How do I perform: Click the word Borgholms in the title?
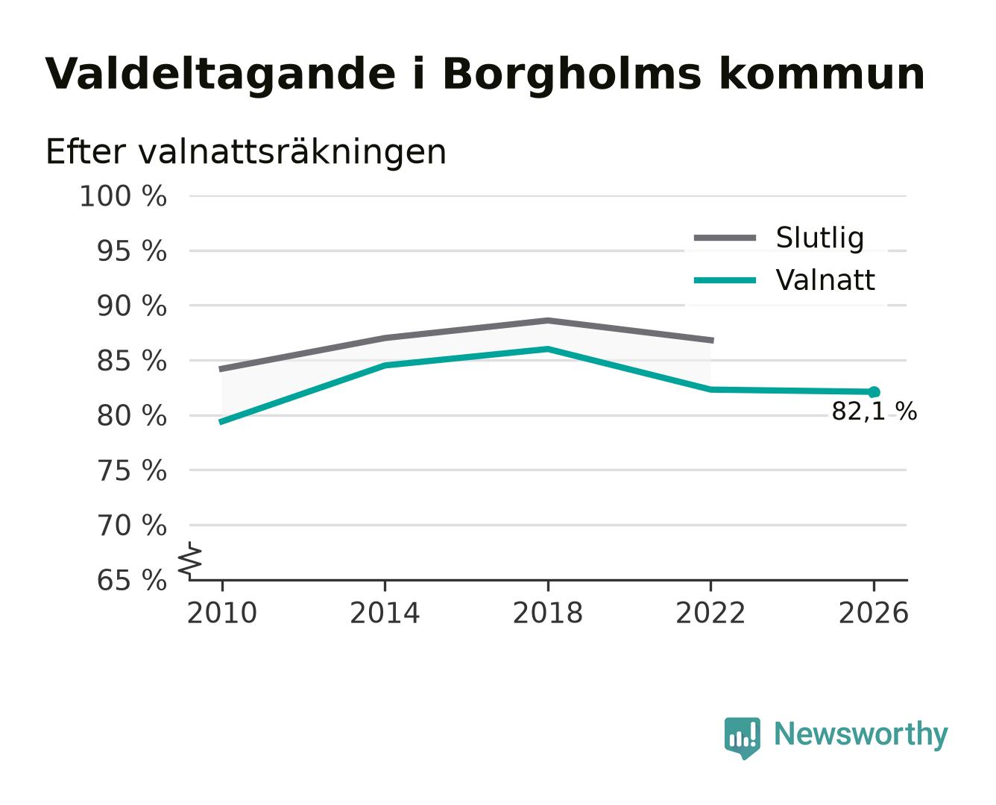tap(571, 75)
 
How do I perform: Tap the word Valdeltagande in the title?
tap(220, 75)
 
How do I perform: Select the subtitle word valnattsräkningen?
tap(291, 152)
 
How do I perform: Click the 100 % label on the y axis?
tap(123, 196)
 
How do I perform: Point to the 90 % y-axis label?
tap(131, 306)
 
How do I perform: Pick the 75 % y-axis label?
tap(131, 470)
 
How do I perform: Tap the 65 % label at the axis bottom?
tap(131, 580)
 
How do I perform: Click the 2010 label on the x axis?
tap(221, 613)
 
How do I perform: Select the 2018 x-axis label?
tap(547, 613)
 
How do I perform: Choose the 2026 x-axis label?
tap(873, 613)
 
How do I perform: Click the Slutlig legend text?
tap(819, 238)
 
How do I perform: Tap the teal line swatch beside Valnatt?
tap(725, 280)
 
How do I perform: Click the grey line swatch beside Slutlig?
tap(725, 238)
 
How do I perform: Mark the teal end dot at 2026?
tap(874, 392)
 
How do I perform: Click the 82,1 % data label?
tap(874, 412)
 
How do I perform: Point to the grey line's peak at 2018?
tap(547, 321)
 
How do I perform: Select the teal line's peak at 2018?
tap(547, 349)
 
